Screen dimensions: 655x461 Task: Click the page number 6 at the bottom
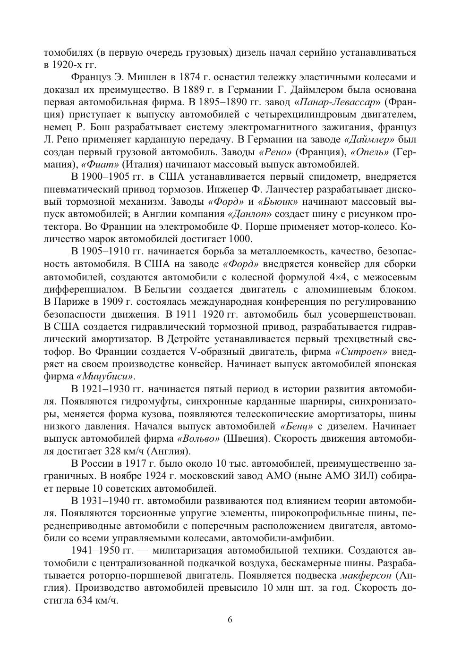[x=230, y=620]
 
